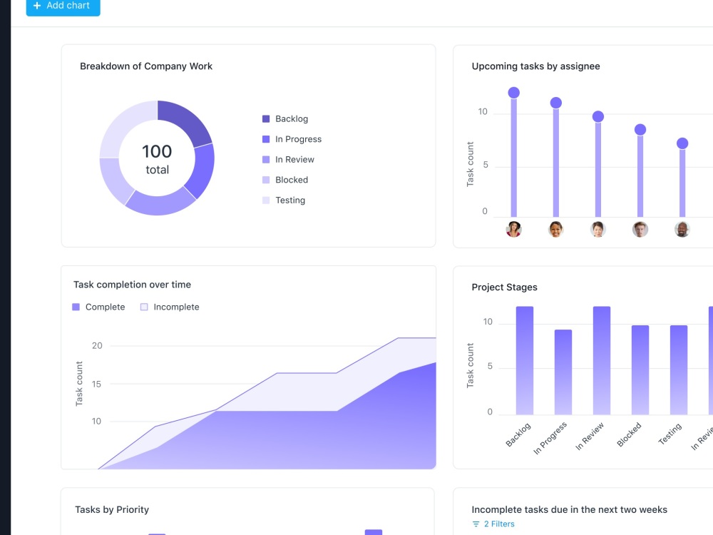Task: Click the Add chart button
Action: (x=63, y=6)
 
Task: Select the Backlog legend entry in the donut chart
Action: (x=285, y=118)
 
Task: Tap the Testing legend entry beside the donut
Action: (x=284, y=200)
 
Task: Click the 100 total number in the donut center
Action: (x=157, y=151)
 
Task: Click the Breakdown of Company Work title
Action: (x=146, y=66)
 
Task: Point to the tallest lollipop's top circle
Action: (x=514, y=93)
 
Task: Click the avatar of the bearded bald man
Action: (x=682, y=229)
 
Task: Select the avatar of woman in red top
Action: (x=514, y=229)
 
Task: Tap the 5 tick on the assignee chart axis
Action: (x=486, y=165)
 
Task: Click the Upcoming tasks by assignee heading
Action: (x=535, y=66)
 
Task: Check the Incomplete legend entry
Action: (x=170, y=307)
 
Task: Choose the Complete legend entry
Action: (x=98, y=307)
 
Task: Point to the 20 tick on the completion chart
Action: (x=97, y=346)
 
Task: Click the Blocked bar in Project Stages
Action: (x=640, y=370)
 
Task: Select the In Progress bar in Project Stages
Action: (x=563, y=372)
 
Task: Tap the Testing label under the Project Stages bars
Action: (x=670, y=434)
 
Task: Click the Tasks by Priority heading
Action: (x=112, y=509)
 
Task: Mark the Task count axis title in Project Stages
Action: (x=470, y=366)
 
